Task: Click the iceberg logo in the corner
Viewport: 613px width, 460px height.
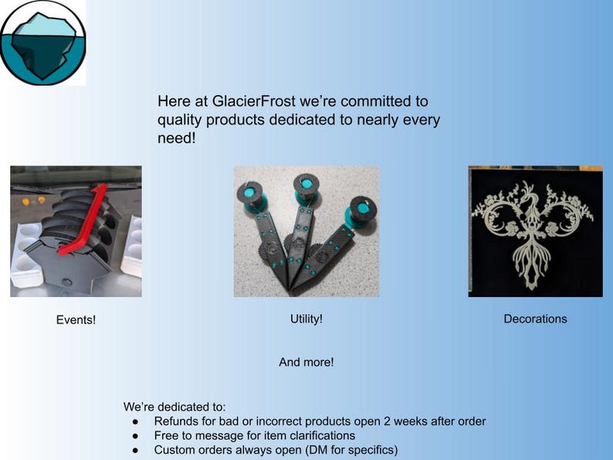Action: click(x=42, y=42)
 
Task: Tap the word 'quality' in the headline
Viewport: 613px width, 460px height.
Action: click(x=181, y=120)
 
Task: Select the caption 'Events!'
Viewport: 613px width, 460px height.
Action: click(x=76, y=320)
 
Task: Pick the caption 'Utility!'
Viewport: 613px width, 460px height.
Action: click(x=306, y=319)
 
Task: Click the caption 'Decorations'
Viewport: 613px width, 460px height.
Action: click(x=535, y=319)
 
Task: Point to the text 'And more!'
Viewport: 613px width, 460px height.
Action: click(x=306, y=362)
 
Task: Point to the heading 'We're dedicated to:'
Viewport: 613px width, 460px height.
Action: click(x=174, y=407)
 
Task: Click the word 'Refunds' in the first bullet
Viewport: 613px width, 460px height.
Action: click(x=176, y=421)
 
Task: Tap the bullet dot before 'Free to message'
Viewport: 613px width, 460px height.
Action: click(x=135, y=436)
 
